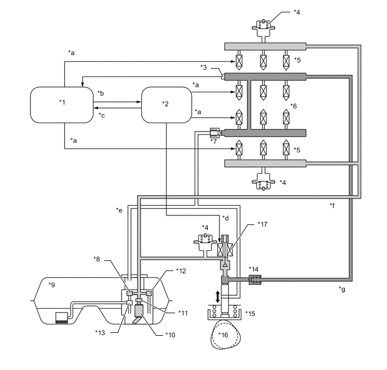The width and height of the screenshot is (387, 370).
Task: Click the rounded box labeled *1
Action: tap(62, 104)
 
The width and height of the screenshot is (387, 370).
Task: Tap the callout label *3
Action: tap(204, 67)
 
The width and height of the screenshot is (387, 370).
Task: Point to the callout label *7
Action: tap(213, 141)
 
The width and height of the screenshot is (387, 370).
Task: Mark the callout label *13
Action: tap(100, 331)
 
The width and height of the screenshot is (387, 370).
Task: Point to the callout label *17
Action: tap(262, 224)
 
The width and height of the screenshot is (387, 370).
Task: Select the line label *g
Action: tap(342, 289)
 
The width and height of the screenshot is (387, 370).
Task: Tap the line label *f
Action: tap(332, 205)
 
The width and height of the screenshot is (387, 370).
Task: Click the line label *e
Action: tap(119, 210)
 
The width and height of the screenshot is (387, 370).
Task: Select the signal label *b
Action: tap(101, 93)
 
